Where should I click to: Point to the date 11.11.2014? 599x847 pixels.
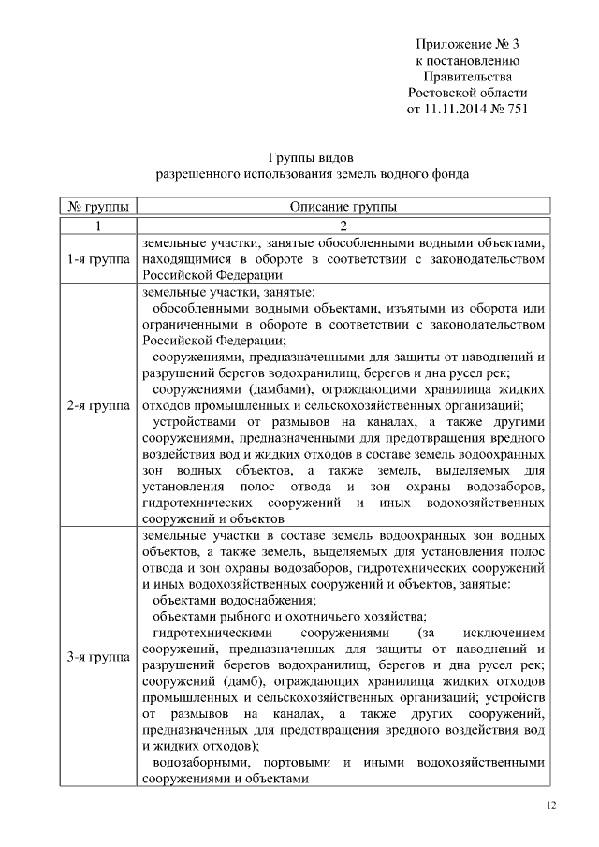(x=456, y=110)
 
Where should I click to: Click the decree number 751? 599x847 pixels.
(x=517, y=110)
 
